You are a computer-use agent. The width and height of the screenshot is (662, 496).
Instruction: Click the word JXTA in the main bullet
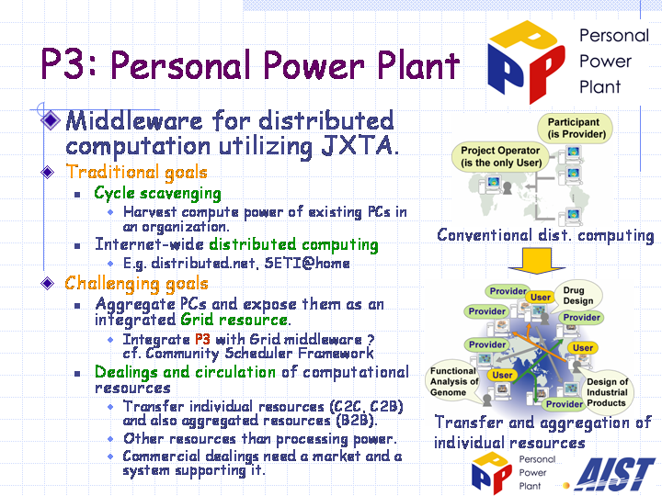(x=360, y=146)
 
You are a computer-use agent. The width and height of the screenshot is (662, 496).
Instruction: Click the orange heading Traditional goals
(x=136, y=173)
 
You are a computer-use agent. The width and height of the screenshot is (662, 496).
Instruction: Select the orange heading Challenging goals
(x=136, y=284)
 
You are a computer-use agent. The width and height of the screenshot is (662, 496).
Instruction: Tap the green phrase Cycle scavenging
(x=157, y=194)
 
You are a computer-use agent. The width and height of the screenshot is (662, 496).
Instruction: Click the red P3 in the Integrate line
(x=202, y=340)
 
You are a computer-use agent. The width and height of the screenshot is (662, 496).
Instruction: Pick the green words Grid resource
(x=234, y=320)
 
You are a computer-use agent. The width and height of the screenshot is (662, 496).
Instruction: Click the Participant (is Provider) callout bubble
(x=574, y=129)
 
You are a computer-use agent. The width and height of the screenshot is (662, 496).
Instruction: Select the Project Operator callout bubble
(x=501, y=157)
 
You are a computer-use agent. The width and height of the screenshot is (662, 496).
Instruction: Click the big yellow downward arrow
(x=537, y=261)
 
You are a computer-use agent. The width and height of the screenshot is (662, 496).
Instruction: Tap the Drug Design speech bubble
(x=578, y=296)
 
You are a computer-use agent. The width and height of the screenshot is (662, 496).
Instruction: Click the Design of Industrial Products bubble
(x=607, y=392)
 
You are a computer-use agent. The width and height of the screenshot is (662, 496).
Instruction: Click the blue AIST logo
(x=614, y=475)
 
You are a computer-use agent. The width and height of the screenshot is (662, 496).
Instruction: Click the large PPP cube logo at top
(x=526, y=62)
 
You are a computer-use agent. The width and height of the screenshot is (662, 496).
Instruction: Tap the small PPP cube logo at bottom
(x=491, y=472)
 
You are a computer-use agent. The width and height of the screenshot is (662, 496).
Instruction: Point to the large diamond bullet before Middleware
(x=51, y=120)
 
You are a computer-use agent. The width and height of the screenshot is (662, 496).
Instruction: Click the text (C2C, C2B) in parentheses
(x=367, y=406)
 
